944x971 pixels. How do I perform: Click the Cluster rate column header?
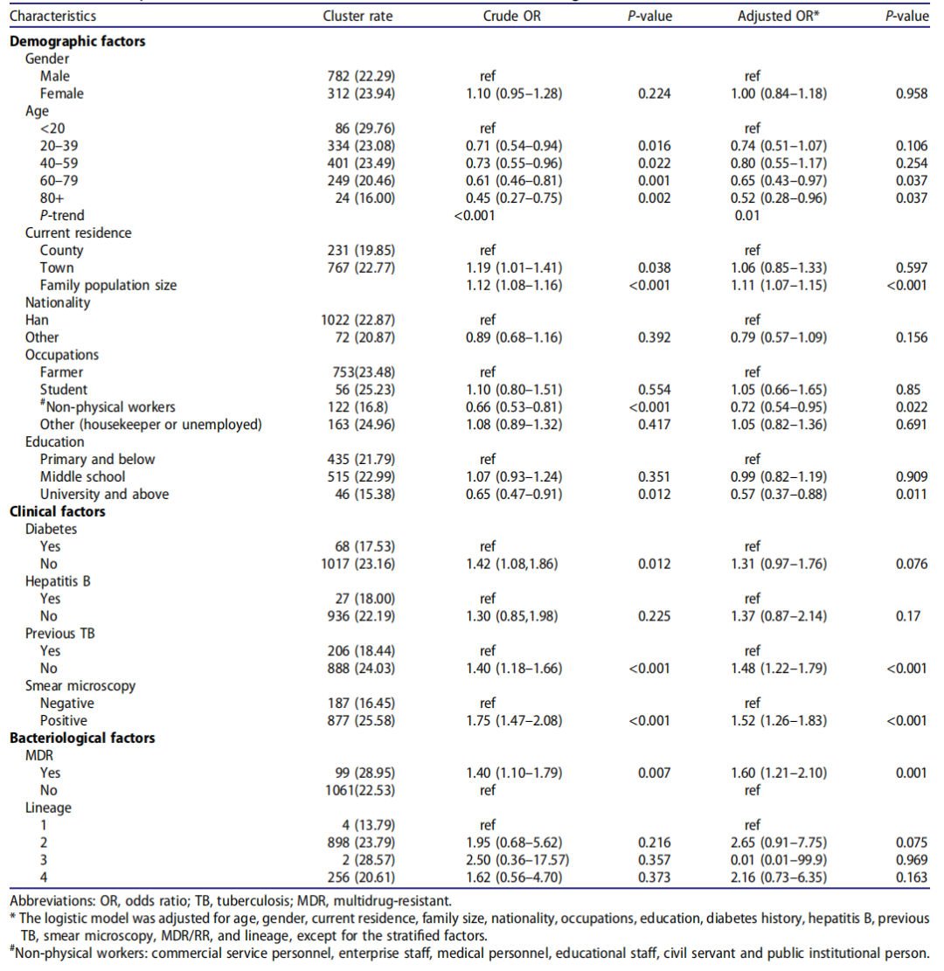[357, 16]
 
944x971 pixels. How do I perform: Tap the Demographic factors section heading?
[77, 41]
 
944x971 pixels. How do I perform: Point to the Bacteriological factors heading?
[82, 738]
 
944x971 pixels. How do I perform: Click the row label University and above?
[104, 494]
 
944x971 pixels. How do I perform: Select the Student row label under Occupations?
[63, 389]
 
